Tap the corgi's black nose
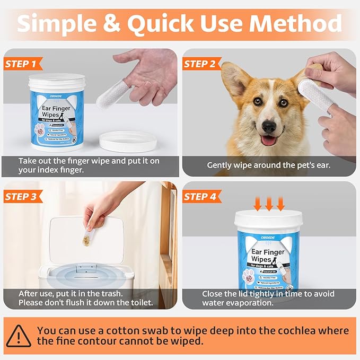pos(269,127)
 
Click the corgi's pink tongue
pos(268,141)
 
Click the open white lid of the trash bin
pos(87,243)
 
